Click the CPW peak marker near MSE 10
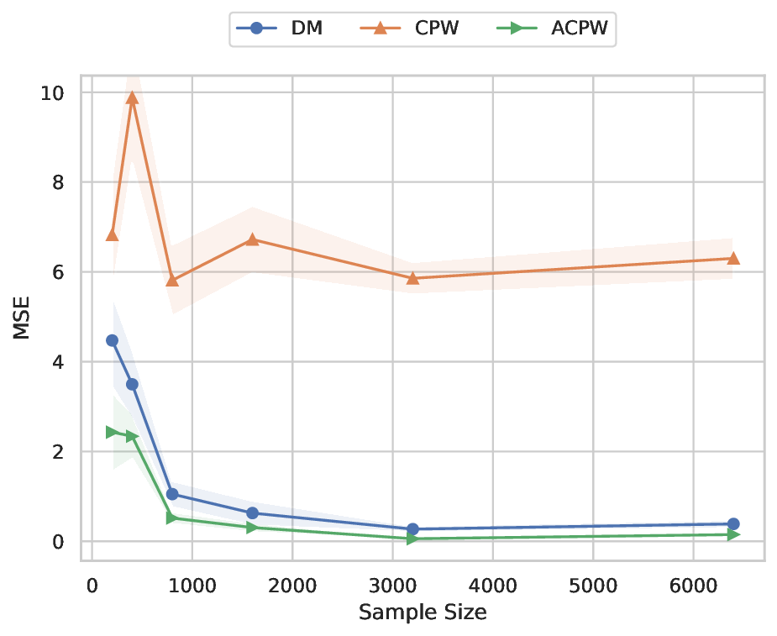[x=132, y=97]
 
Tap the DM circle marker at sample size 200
[x=112, y=340]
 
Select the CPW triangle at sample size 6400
[x=733, y=258]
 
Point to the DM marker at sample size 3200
[x=412, y=529]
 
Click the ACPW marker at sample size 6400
[x=733, y=534]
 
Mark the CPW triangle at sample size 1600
[x=252, y=239]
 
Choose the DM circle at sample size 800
[x=172, y=494]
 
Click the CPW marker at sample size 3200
[x=412, y=278]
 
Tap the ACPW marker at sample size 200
[x=112, y=432]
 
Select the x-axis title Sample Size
[x=423, y=612]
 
